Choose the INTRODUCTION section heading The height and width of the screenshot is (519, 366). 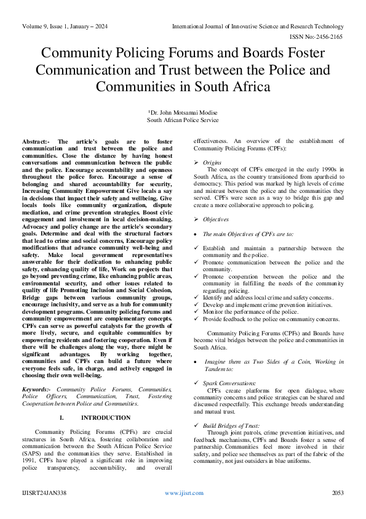coord(96,417)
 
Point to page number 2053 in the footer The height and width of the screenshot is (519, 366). coord(337,493)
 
